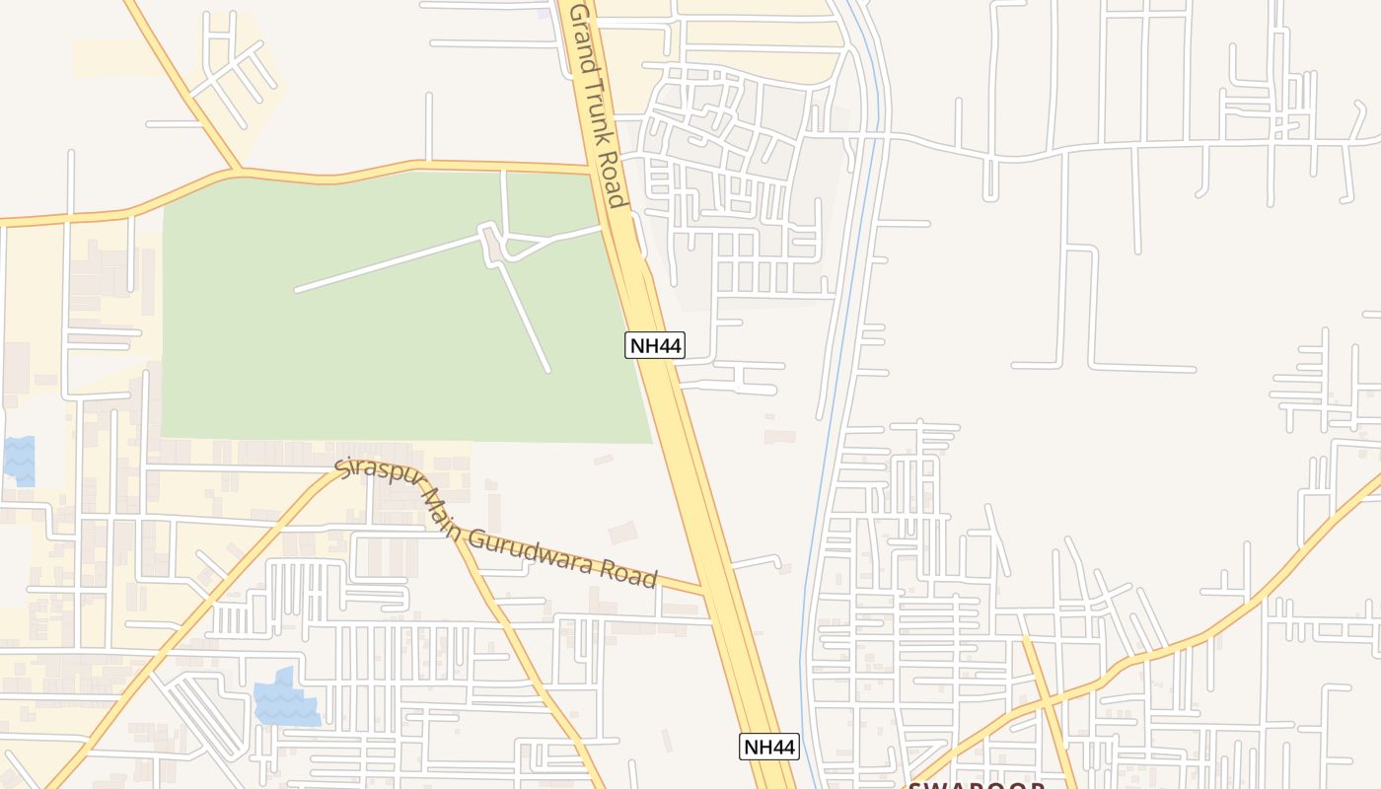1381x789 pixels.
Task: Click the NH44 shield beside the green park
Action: (655, 345)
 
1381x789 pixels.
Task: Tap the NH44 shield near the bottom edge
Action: (768, 747)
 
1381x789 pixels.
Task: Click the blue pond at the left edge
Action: (20, 460)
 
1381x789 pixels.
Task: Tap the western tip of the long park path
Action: (297, 290)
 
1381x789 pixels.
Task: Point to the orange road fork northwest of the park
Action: (237, 170)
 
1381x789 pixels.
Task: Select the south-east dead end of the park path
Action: (547, 370)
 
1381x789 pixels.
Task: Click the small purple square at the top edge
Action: (544, 13)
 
